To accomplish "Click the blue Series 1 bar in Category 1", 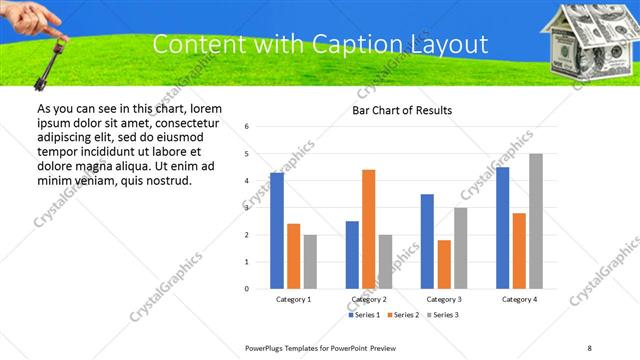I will point(277,231).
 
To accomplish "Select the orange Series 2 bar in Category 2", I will point(368,229).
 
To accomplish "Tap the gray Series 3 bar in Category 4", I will point(536,221).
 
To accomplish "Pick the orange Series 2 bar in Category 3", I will point(444,264).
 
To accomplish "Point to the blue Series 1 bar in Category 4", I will point(502,228).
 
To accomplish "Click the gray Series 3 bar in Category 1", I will point(310,262).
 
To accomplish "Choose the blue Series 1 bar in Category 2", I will point(352,255).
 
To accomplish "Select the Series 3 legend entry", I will point(446,315).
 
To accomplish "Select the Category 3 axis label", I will point(444,299).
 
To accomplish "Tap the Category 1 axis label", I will point(294,299).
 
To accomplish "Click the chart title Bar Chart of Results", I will point(402,110).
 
